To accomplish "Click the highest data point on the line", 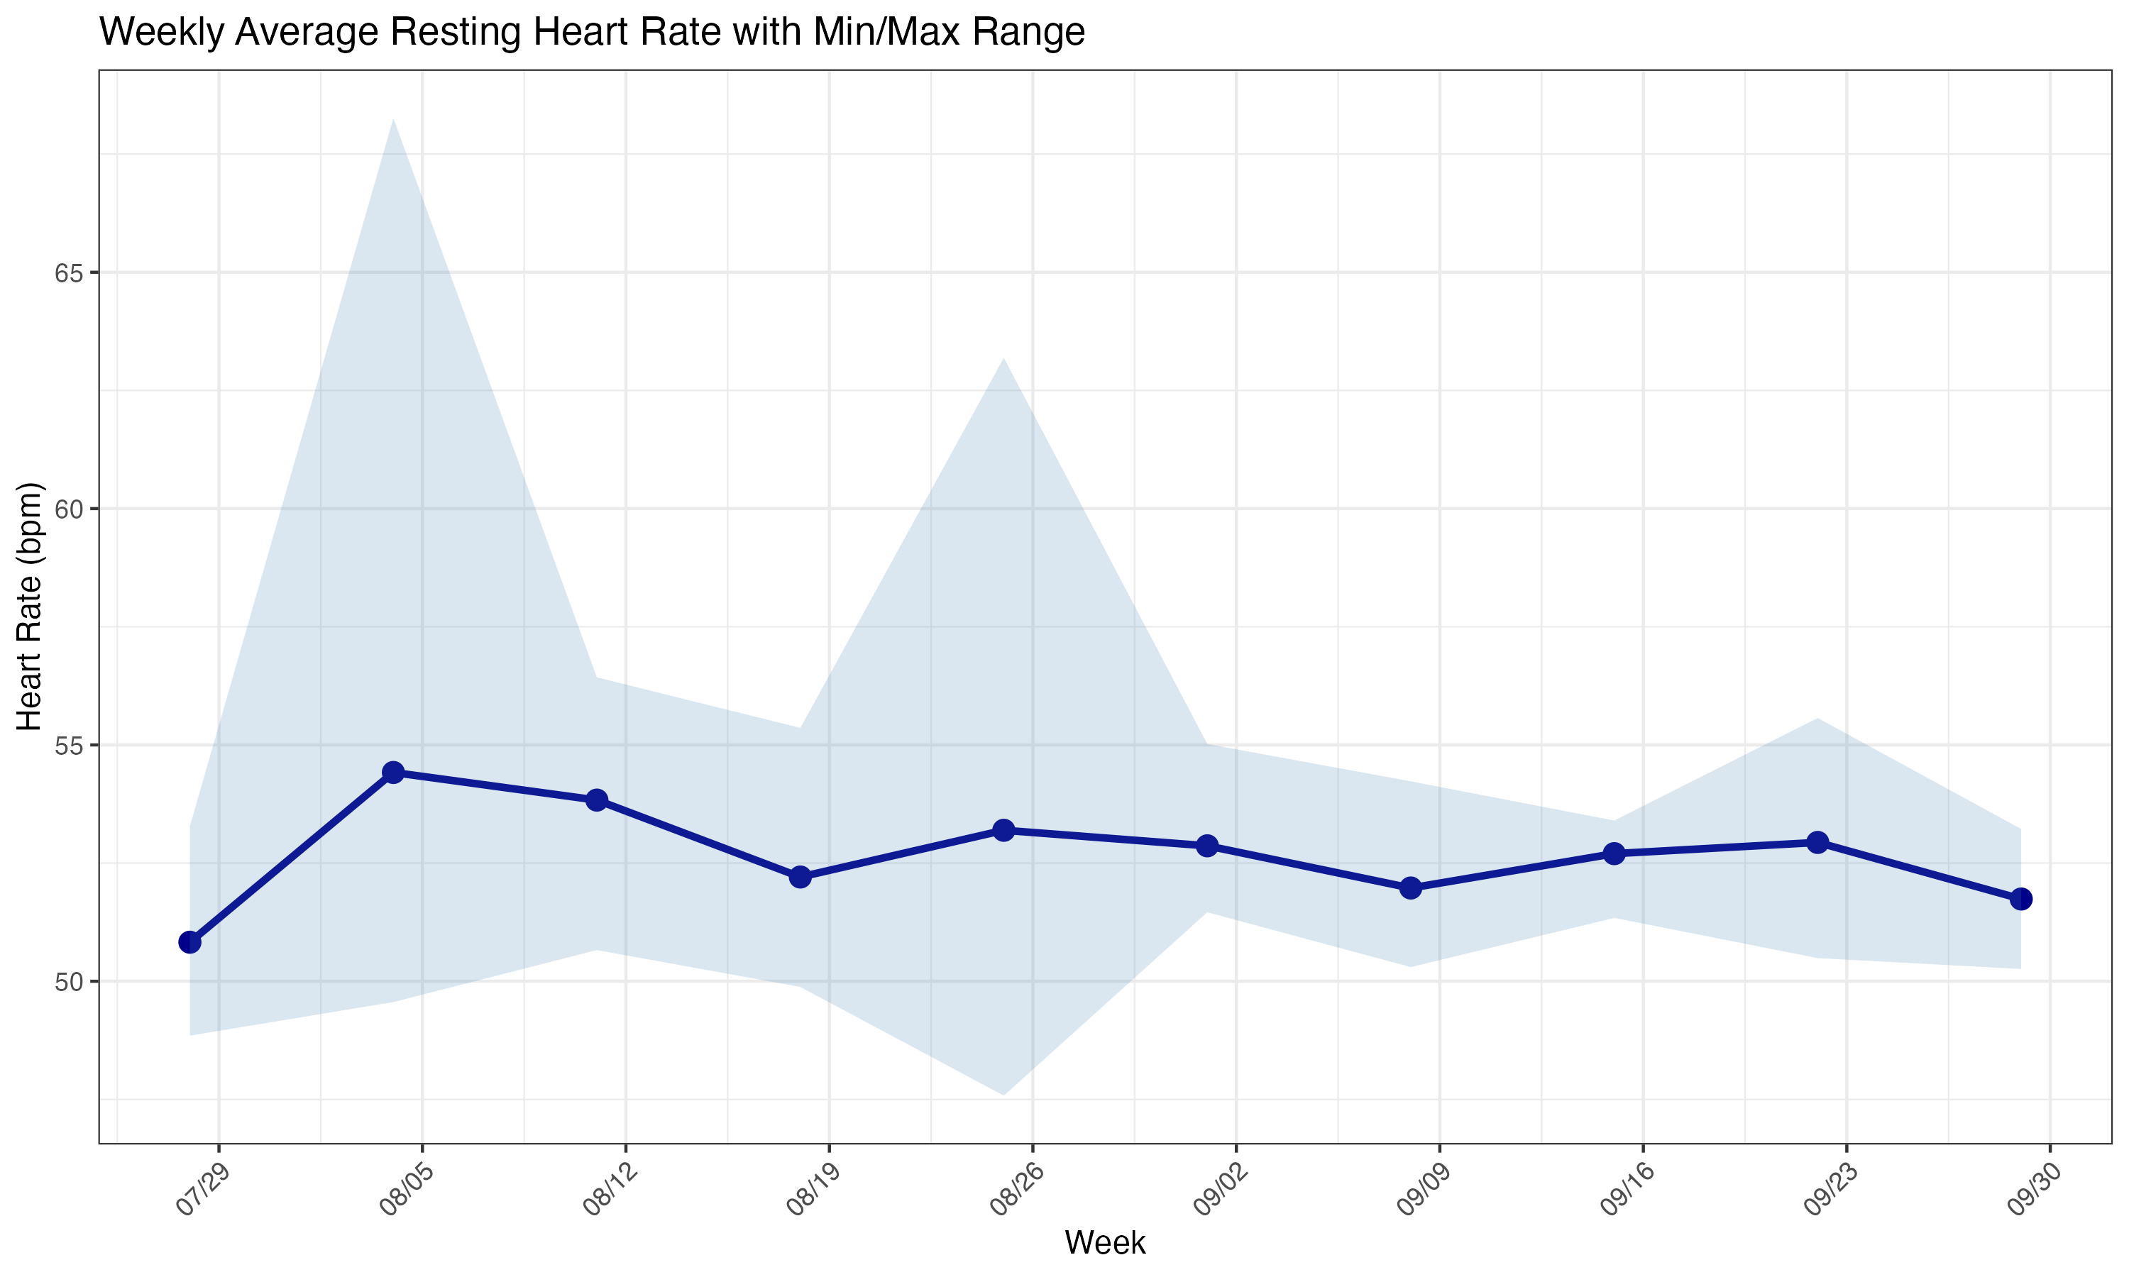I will [x=393, y=772].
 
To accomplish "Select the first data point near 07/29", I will [x=190, y=942].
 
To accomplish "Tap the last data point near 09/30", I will [x=2020, y=898].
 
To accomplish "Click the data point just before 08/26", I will [x=1003, y=829].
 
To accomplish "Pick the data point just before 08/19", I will [x=801, y=877].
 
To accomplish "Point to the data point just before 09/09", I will [x=1410, y=888].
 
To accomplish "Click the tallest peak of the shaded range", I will [x=393, y=121].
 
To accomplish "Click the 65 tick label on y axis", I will [x=69, y=273].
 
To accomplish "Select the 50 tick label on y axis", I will [x=69, y=981].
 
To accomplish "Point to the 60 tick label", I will [x=69, y=509].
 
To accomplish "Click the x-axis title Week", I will [x=1105, y=1242].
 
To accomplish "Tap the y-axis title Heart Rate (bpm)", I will [x=29, y=606].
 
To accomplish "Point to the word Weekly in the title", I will [x=163, y=33].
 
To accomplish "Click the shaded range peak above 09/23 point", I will [x=1817, y=719].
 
